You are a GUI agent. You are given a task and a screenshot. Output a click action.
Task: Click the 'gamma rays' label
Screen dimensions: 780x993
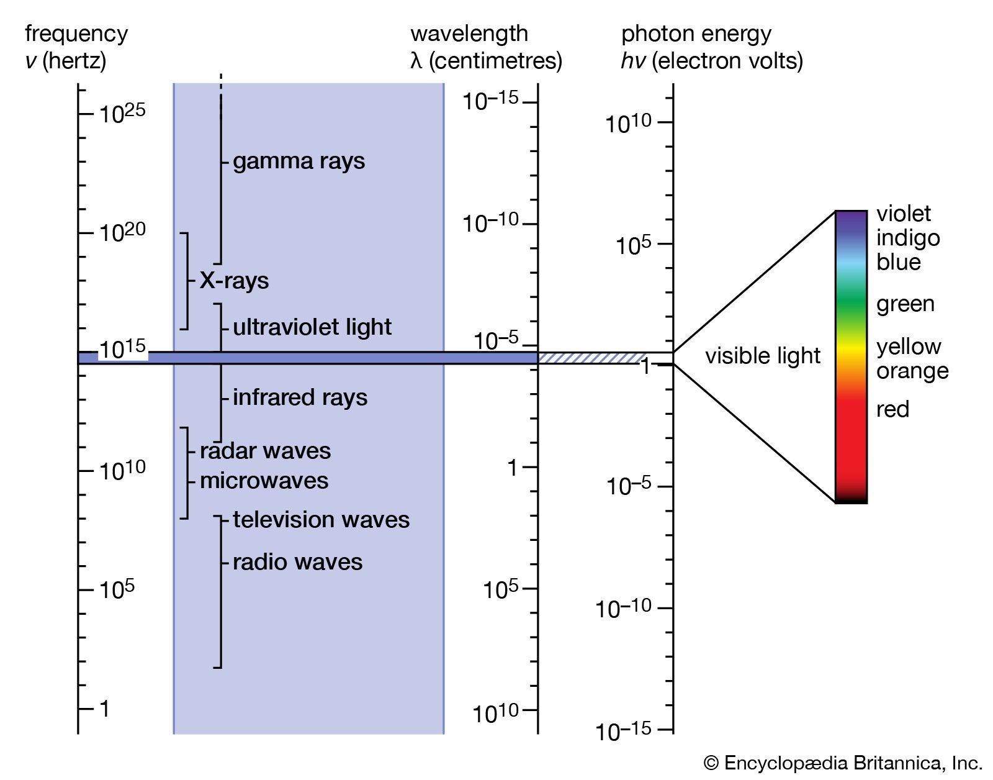tap(299, 161)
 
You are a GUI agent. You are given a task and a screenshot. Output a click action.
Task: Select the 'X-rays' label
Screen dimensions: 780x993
tap(234, 281)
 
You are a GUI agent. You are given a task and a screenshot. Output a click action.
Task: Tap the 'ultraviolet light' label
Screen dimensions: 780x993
tap(312, 327)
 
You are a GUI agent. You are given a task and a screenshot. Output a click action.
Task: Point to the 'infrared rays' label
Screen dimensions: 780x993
tap(300, 397)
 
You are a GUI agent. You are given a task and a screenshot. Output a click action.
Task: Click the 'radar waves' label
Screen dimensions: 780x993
tap(265, 451)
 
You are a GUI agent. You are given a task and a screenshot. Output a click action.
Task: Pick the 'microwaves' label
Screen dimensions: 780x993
tap(264, 481)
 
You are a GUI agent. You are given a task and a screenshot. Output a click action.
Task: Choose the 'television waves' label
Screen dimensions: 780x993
tap(321, 520)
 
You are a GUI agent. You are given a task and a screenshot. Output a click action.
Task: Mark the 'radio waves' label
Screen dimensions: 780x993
tap(297, 562)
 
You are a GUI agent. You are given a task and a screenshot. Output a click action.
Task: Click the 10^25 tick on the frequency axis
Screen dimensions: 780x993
tap(86, 114)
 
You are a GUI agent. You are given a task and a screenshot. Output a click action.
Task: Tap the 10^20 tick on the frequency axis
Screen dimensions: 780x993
tap(86, 234)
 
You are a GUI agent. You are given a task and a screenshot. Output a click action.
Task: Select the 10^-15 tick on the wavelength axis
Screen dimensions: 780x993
tap(530, 102)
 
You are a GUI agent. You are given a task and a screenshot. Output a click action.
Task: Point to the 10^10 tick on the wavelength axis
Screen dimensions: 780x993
tap(530, 709)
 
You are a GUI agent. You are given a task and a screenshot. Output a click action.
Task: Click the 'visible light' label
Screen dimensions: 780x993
tap(762, 356)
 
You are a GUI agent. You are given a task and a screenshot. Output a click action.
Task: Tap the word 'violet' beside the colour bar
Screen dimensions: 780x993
tap(903, 214)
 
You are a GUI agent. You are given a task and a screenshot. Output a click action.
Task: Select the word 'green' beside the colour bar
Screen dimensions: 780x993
tap(905, 304)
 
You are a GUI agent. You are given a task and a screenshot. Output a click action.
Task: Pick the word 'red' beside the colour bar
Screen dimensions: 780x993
tap(892, 409)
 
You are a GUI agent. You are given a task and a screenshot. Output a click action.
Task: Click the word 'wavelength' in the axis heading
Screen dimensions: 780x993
tap(469, 34)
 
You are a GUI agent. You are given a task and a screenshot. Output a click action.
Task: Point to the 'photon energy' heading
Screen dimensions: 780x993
tap(696, 34)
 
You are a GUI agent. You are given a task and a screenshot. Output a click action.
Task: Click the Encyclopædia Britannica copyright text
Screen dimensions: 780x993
tap(843, 763)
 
